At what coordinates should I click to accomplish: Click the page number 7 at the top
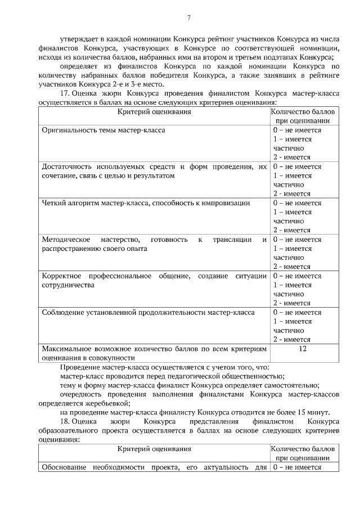pos(188,19)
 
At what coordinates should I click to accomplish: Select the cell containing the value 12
pos(303,349)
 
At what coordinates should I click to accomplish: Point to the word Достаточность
pos(66,166)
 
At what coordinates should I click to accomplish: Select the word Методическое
pos(65,240)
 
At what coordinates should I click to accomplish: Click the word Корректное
pos(62,276)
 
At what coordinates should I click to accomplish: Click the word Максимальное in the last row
pos(67,349)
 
